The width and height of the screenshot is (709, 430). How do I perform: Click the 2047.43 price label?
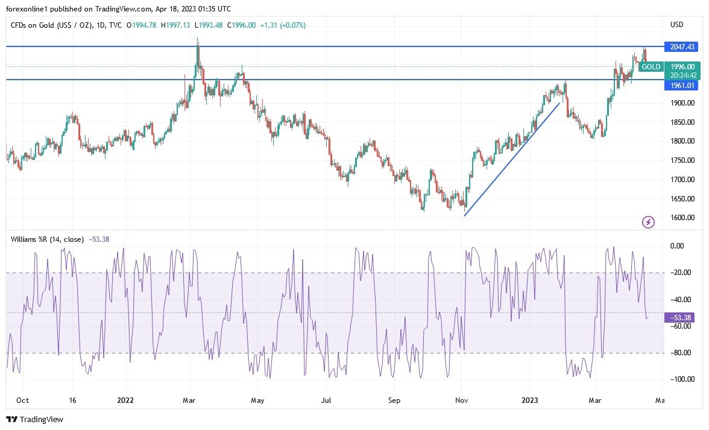pos(681,46)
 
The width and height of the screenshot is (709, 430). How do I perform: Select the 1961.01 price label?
pos(681,85)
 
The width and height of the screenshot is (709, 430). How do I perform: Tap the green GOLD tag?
pos(651,67)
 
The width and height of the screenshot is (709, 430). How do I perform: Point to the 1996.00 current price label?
pos(682,67)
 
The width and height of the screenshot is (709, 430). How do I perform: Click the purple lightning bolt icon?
pos(649,223)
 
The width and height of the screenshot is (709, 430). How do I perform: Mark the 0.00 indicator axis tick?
pos(677,246)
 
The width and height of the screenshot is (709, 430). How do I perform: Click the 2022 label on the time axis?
pos(125,400)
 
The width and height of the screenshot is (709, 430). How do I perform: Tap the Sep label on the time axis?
pos(394,400)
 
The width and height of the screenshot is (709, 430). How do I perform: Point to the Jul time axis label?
pos(326,400)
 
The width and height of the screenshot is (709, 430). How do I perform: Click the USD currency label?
pos(676,25)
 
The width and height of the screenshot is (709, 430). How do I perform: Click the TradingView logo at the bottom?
pos(35,419)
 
